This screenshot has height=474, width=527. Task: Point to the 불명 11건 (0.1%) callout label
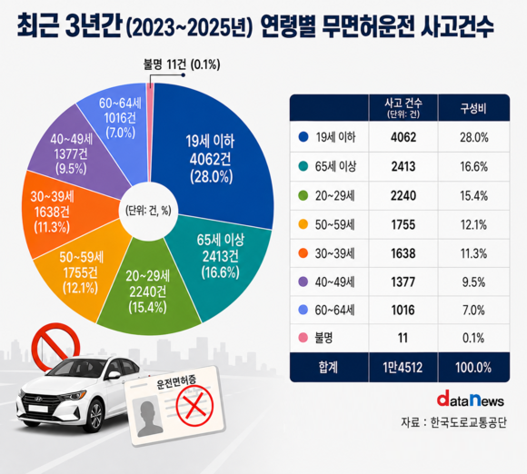coord(182,64)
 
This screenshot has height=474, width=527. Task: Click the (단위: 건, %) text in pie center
coord(148,211)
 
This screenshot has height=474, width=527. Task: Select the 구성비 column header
coord(473,108)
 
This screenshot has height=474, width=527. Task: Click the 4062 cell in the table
coord(403,137)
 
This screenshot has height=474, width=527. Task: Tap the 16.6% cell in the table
coord(473,166)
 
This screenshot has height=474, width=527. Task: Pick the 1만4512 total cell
coord(403,368)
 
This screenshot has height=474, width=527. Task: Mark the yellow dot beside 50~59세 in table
coord(303,224)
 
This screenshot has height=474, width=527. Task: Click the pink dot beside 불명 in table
coord(303,338)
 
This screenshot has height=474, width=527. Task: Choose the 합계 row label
coord(328,368)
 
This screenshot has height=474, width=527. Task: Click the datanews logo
coord(470,400)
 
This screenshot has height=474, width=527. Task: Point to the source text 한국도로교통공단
coord(469,422)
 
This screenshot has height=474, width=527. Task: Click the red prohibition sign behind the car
coord(55,346)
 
